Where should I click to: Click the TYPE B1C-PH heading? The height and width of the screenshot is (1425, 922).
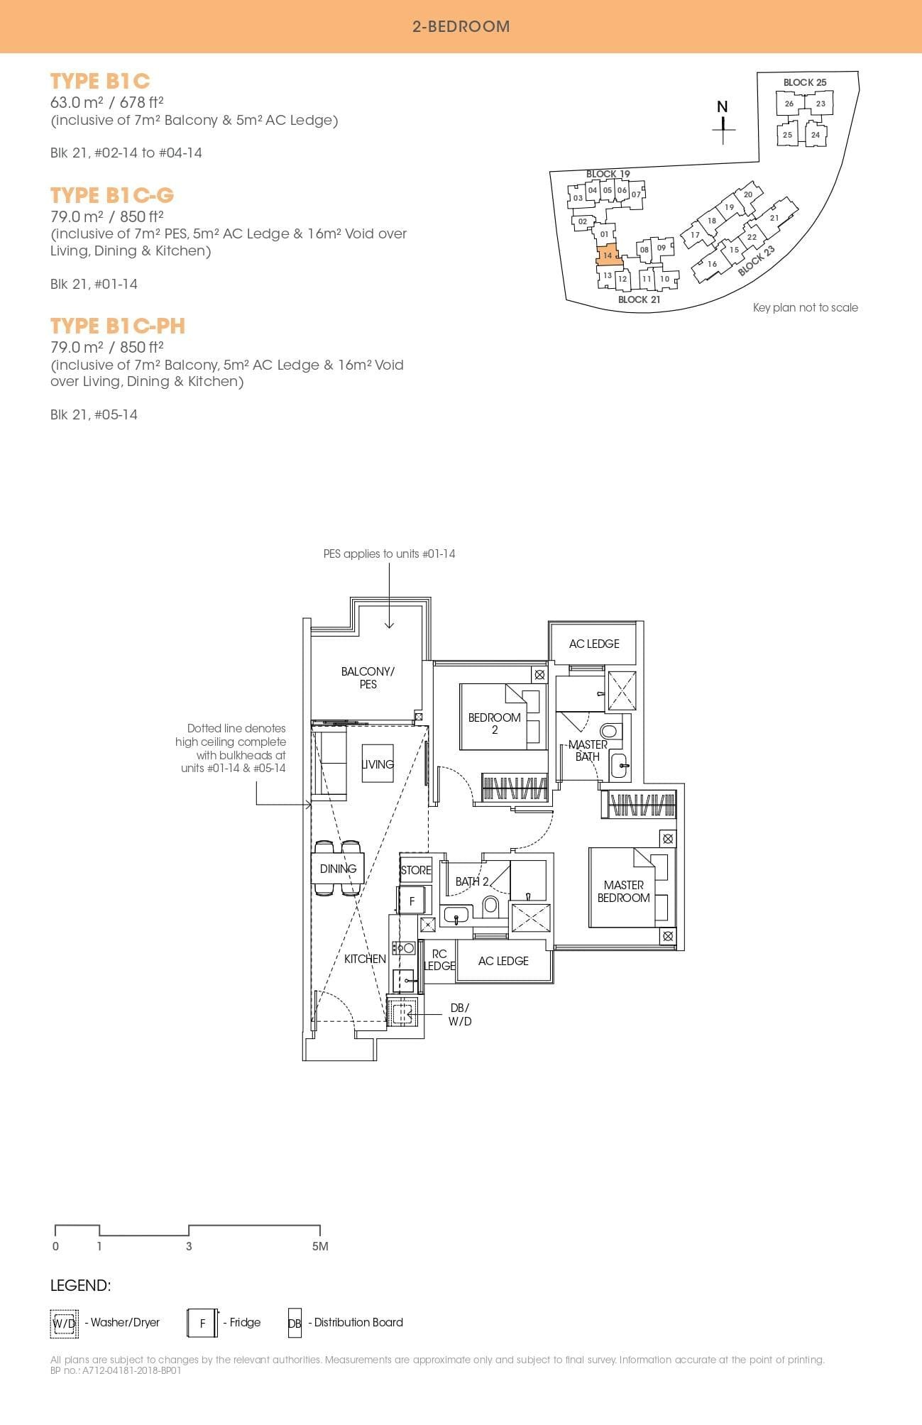tap(118, 326)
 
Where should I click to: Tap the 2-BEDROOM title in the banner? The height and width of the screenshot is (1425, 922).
tap(461, 26)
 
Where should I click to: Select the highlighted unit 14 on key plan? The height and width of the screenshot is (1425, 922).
tap(608, 255)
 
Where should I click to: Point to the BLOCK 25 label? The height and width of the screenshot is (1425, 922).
tap(804, 82)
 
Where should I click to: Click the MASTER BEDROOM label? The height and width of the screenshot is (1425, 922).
tap(623, 891)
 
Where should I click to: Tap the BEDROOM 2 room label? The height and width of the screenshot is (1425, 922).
tap(494, 722)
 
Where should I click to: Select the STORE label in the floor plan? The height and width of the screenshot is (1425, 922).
tap(416, 870)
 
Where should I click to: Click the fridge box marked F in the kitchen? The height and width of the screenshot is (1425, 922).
tap(412, 902)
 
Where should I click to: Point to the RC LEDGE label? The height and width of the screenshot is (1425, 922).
tap(439, 959)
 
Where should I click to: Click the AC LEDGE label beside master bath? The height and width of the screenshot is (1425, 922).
tap(594, 644)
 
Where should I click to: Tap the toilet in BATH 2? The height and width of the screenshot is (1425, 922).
tap(490, 905)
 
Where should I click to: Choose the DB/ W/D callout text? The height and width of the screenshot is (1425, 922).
tap(459, 1014)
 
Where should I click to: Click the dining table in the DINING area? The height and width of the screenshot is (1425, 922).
tap(338, 869)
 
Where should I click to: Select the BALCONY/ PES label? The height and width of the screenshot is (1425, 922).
tap(368, 678)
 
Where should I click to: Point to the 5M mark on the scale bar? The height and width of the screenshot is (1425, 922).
tap(320, 1246)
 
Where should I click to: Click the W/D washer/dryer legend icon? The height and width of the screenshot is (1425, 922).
tap(64, 1324)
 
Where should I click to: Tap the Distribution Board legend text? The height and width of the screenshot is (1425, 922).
tap(358, 1322)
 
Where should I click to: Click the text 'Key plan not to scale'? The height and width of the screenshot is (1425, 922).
tap(805, 307)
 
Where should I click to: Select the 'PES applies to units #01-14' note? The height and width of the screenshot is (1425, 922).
tap(389, 554)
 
